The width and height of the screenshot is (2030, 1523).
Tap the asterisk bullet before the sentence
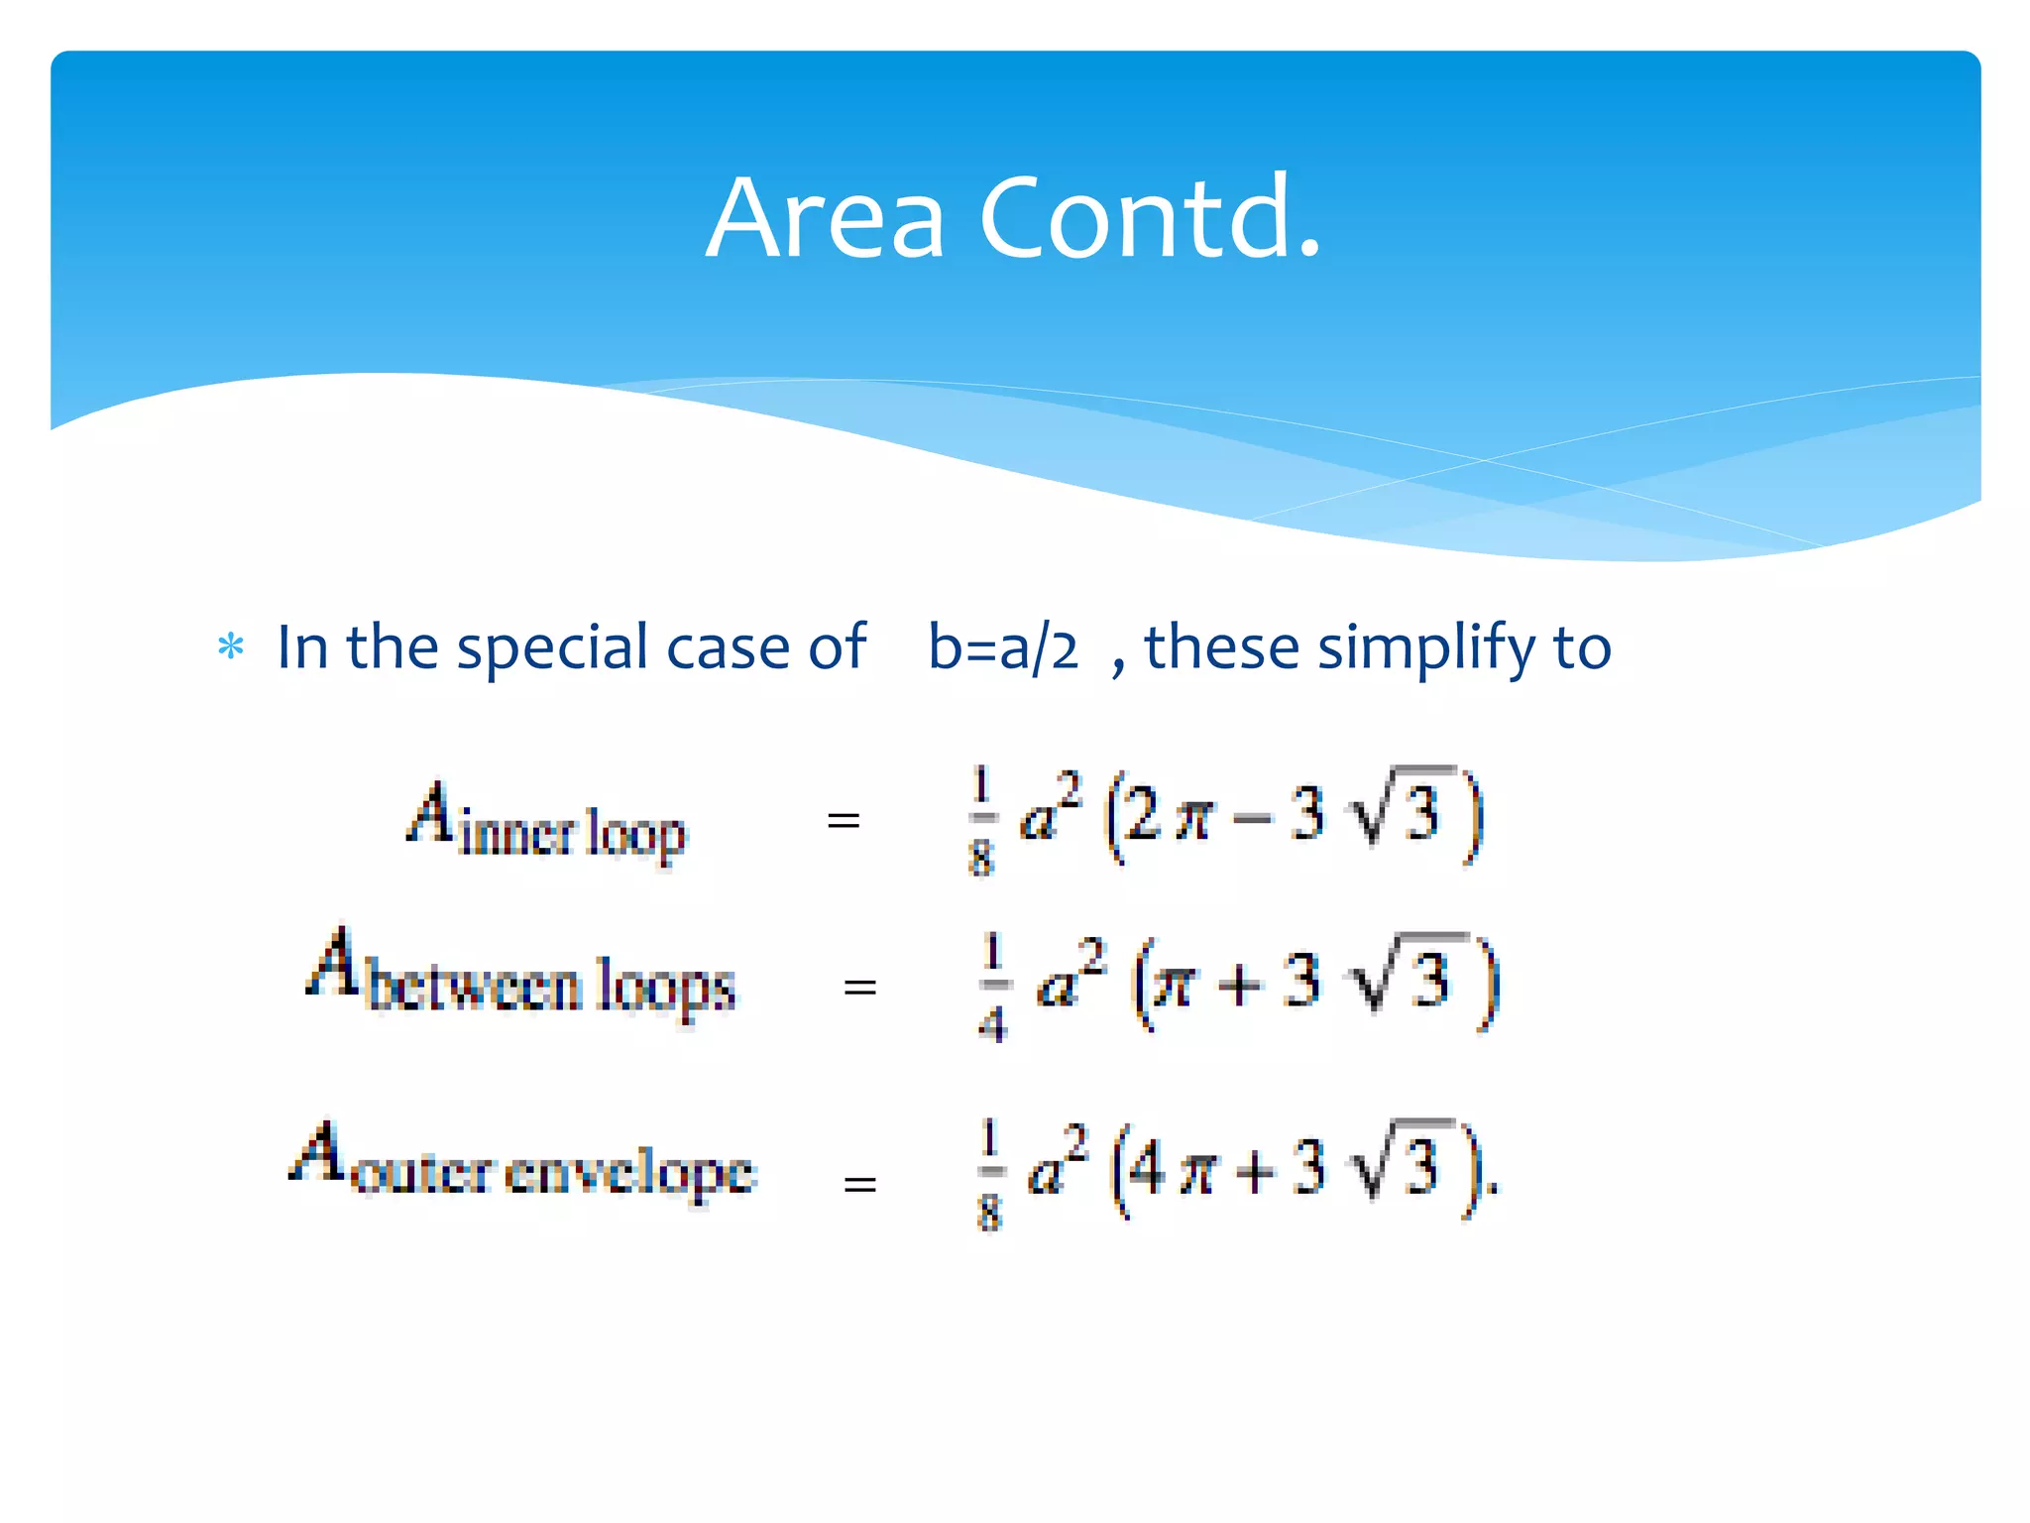231,647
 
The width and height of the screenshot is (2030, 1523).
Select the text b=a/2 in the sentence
1002,647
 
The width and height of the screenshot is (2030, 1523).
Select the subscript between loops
551,988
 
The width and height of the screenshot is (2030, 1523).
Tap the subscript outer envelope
553,1174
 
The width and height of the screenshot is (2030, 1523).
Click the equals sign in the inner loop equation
844,820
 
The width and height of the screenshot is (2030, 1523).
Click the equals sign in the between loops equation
859,987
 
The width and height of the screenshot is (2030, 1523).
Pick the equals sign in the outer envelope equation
859,1183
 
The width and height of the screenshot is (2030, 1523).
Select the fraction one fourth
992,987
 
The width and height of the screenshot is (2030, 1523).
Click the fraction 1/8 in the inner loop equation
980,820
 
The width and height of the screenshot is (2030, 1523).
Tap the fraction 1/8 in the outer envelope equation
989,1174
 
